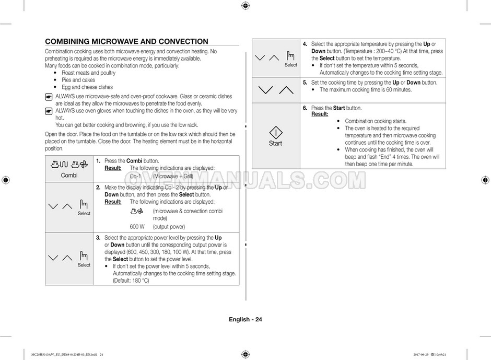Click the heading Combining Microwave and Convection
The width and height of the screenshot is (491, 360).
click(127, 42)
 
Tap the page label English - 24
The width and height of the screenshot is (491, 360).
click(245, 320)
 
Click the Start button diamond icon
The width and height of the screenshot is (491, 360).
click(275, 132)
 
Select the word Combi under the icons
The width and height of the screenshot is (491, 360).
click(69, 176)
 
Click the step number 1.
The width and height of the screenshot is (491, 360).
click(98, 161)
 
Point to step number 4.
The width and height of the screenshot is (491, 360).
click(305, 44)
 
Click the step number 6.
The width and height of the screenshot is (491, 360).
click(305, 108)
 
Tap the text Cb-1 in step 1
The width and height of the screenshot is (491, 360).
click(136, 176)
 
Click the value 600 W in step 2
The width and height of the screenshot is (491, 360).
click(137, 227)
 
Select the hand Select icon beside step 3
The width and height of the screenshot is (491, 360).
click(84, 256)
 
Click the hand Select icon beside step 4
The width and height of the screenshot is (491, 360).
click(290, 56)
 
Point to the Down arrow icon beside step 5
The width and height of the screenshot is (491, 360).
click(265, 90)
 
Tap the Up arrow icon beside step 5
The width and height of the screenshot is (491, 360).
click(286, 90)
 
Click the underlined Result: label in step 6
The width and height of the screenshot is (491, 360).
click(320, 114)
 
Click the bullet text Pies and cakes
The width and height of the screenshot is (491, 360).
click(78, 80)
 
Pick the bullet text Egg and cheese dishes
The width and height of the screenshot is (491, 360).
click(87, 87)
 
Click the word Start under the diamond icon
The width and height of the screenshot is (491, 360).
click(275, 144)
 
